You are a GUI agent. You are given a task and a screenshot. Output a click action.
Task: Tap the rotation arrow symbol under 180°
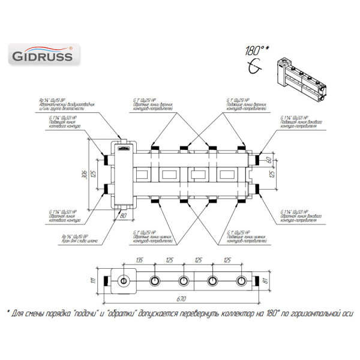[256, 68]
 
